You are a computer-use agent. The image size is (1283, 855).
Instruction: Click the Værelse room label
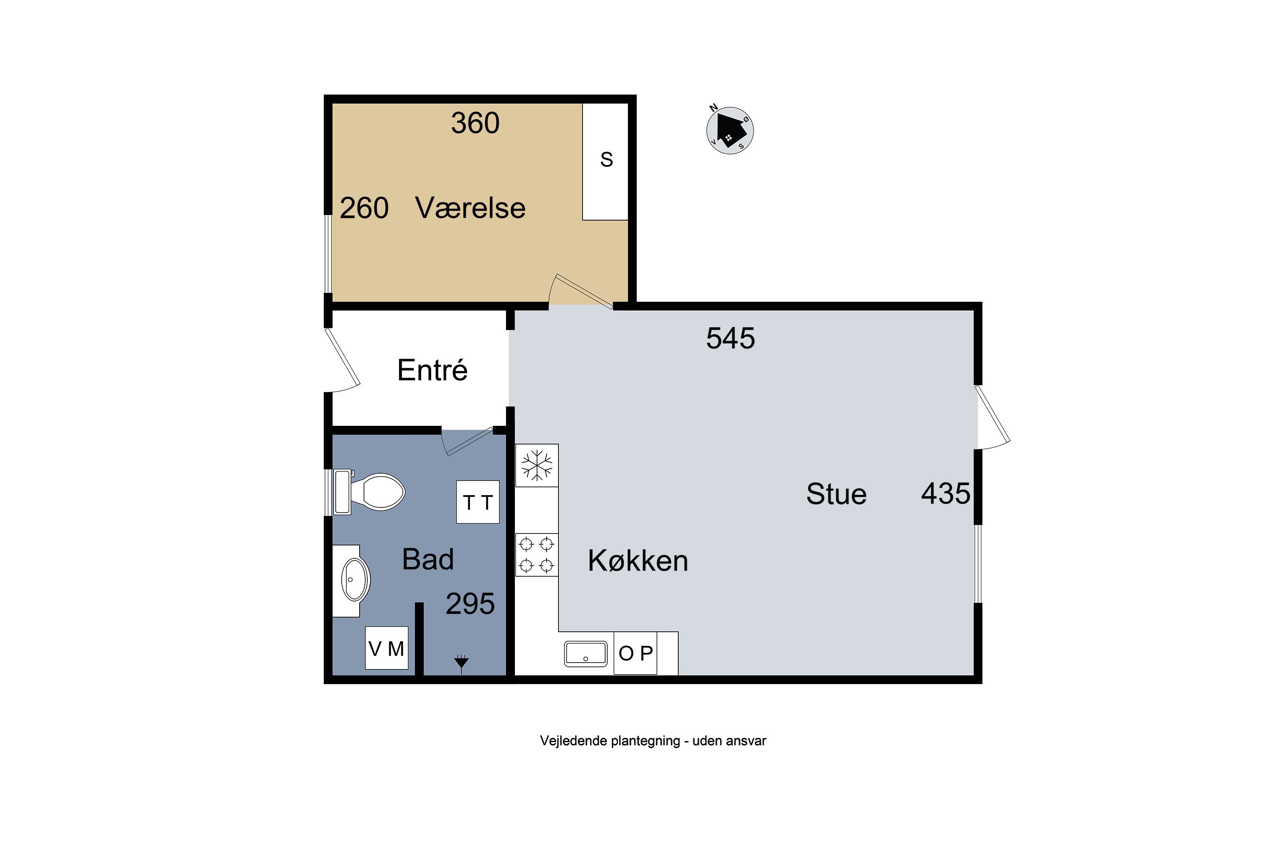(x=470, y=208)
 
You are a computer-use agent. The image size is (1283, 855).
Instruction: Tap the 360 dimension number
(x=475, y=123)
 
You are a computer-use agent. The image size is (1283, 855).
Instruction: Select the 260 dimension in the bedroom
(x=364, y=208)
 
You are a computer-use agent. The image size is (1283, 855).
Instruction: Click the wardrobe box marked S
(x=606, y=162)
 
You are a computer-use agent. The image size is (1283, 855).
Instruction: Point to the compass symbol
(x=730, y=130)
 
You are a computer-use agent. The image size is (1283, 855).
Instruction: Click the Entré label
(x=432, y=370)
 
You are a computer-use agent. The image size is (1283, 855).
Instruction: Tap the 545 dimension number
(x=730, y=338)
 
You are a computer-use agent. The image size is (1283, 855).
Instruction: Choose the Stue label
(x=836, y=494)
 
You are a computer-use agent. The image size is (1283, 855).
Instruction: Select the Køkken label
(x=638, y=560)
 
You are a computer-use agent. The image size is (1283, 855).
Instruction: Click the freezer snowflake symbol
(x=537, y=465)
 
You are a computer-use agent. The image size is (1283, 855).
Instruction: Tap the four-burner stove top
(x=537, y=554)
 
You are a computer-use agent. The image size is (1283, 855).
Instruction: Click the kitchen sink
(x=585, y=654)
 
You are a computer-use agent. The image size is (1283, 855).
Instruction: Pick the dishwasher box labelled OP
(x=636, y=653)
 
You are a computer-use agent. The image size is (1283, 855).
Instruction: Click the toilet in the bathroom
(x=370, y=492)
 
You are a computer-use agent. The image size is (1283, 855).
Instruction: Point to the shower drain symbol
(x=461, y=663)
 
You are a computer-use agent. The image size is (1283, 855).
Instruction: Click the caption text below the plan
(x=653, y=740)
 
